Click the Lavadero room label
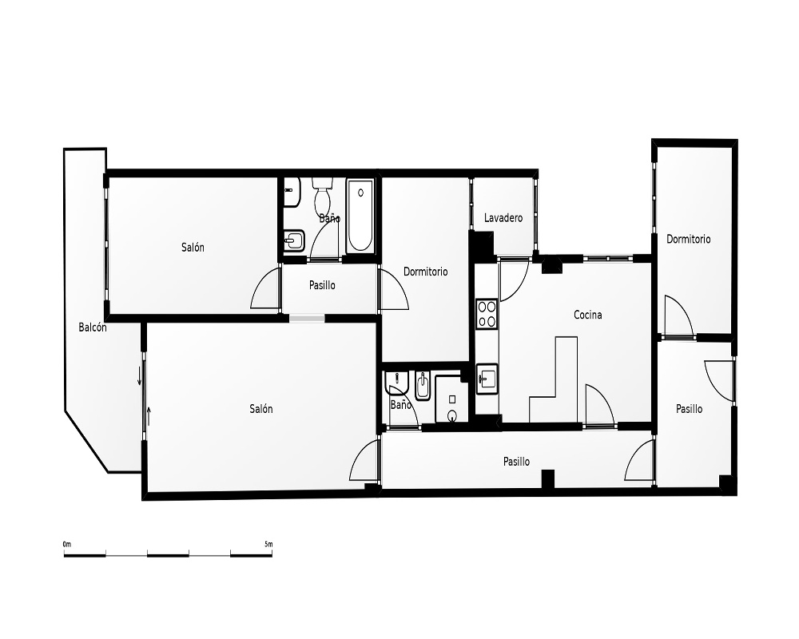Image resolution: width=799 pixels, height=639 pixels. (x=503, y=218)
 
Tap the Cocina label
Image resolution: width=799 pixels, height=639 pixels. (x=587, y=315)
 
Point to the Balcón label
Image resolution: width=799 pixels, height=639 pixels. (x=93, y=327)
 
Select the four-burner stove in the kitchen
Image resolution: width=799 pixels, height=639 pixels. (x=487, y=313)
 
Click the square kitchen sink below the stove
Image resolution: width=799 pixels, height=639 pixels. (x=487, y=379)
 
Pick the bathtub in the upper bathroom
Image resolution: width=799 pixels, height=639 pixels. (x=360, y=215)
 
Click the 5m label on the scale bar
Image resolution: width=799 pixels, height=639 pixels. (x=268, y=544)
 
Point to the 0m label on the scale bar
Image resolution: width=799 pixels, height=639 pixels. (x=67, y=544)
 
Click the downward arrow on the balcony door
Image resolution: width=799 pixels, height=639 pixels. (x=139, y=376)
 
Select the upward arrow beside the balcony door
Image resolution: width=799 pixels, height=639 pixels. (x=149, y=416)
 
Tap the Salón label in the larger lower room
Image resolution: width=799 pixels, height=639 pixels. (x=261, y=409)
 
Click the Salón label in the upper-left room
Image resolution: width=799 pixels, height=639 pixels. (x=193, y=248)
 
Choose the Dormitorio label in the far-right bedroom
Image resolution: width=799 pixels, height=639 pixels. (x=689, y=239)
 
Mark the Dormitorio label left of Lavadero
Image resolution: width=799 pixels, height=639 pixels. (x=426, y=272)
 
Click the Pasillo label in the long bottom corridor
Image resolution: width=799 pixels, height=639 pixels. (x=516, y=462)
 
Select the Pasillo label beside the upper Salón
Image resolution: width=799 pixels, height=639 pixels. (x=322, y=285)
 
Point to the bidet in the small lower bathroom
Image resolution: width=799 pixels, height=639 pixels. (x=423, y=386)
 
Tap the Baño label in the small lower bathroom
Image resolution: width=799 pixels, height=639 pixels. (x=400, y=405)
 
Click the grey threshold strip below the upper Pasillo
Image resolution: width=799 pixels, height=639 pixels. (x=307, y=318)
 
